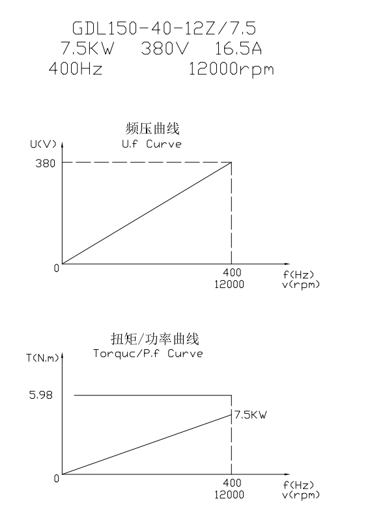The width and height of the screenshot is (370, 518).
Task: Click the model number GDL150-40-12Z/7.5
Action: tap(164, 28)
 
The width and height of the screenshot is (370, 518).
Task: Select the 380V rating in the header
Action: tap(165, 49)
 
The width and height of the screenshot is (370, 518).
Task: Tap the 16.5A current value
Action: tap(238, 49)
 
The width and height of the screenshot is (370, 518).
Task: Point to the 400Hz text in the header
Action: tap(76, 68)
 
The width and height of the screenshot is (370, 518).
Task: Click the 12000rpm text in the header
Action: tap(231, 70)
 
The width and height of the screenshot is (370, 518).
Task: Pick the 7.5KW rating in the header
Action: tap(87, 49)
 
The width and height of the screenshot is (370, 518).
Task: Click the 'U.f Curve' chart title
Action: tap(152, 144)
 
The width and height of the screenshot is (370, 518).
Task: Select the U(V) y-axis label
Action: tap(43, 145)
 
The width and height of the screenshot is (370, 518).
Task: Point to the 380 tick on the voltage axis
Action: tap(46, 163)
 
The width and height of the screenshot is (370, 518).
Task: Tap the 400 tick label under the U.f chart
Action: tap(232, 272)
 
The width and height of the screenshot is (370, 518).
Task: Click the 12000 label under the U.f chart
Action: tap(229, 285)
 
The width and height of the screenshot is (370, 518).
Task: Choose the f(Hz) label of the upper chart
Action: tap(298, 274)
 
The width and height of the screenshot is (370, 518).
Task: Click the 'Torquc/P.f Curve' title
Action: tap(148, 354)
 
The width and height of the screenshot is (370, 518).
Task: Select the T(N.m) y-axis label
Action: tap(42, 358)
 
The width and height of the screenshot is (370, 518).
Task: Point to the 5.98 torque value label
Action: tap(41, 395)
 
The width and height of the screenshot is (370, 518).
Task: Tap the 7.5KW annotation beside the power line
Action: tap(250, 414)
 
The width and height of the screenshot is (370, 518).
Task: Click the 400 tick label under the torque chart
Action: tap(232, 483)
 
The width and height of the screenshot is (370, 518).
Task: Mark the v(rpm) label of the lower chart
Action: tap(301, 495)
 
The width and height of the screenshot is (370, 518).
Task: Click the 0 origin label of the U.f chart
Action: tap(57, 268)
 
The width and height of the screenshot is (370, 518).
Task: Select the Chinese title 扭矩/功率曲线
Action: tap(155, 339)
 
